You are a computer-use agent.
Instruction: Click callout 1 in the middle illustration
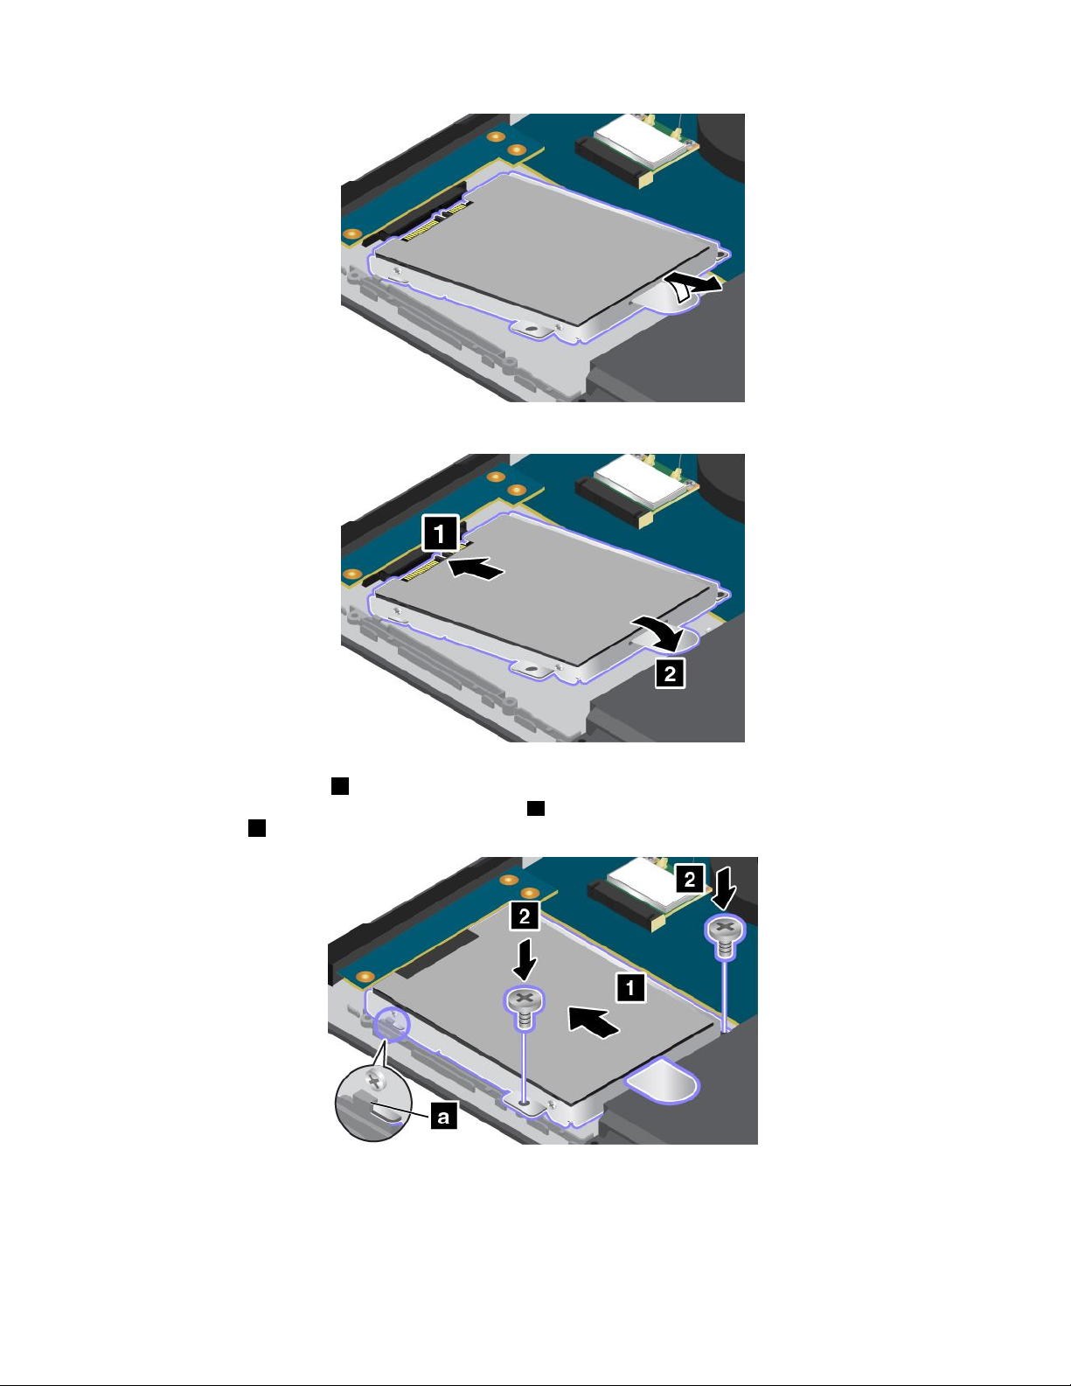click(x=440, y=533)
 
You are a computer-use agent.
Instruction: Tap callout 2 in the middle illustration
click(x=670, y=673)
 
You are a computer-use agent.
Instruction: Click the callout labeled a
click(x=444, y=1116)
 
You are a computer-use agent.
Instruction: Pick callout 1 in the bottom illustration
click(x=629, y=988)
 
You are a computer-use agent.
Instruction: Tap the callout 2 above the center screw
click(x=524, y=916)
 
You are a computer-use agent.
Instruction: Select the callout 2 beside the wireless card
click(x=689, y=881)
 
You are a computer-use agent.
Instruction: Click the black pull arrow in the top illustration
click(x=692, y=285)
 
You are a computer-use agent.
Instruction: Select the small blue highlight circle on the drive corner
click(x=391, y=1024)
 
